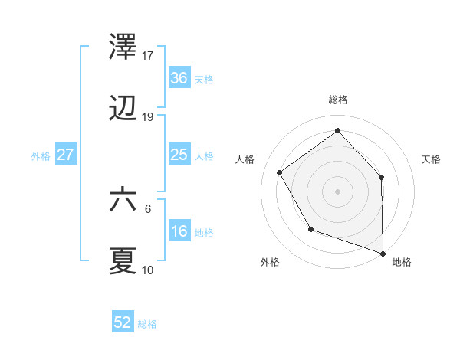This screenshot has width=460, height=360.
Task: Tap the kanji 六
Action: pos(123,199)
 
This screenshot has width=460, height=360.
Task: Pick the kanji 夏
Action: pos(123,261)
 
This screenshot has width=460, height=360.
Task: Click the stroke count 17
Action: pos(148,55)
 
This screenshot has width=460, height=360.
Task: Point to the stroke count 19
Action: pos(148,117)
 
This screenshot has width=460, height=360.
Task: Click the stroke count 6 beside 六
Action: pos(148,208)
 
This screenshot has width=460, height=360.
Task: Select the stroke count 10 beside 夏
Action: pos(148,270)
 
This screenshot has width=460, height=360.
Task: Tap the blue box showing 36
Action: pos(179,78)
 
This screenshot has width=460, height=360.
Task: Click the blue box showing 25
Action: pos(179,155)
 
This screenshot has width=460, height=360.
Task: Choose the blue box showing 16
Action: pos(179,231)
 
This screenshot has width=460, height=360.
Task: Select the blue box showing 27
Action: pos(65,155)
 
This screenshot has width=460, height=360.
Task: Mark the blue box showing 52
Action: pos(123,322)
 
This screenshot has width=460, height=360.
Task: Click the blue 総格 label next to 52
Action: pos(147,324)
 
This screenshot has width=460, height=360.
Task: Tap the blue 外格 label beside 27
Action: pos(40,156)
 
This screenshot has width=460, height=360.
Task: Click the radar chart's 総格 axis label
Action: pos(338,100)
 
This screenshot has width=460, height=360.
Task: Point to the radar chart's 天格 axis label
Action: pos(432,159)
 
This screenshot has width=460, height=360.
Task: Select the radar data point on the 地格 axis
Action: pos(383,252)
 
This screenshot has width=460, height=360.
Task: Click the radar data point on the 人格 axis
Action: pos(280,172)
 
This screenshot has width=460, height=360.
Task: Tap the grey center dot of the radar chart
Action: pos(337,191)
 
